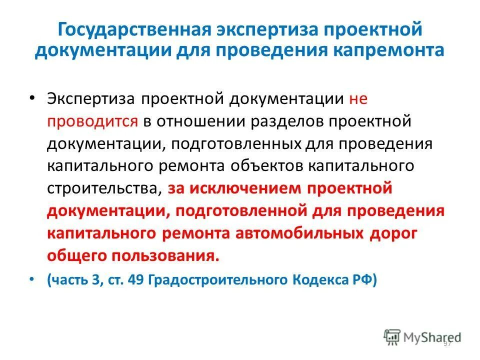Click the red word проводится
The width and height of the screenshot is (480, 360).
pyautogui.click(x=93, y=120)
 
